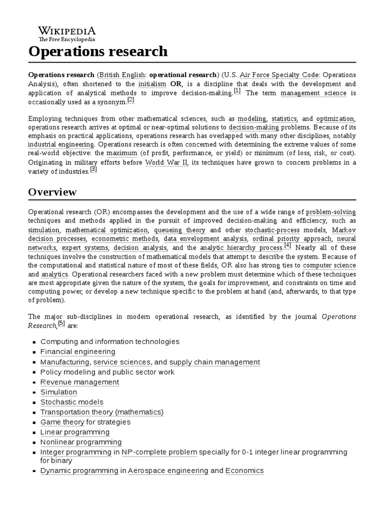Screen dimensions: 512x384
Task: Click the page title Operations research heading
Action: click(98, 51)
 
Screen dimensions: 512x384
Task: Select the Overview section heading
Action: click(52, 192)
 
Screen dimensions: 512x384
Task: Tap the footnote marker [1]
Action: click(237, 91)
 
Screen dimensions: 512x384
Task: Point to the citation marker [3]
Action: click(93, 169)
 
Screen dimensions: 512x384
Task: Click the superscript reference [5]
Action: click(61, 323)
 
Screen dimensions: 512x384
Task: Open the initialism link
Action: click(152, 84)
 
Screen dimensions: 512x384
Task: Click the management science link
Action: click(313, 93)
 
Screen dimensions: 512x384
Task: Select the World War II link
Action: click(166, 163)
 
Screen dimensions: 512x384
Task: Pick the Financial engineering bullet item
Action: click(77, 352)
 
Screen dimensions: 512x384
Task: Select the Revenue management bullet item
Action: click(79, 382)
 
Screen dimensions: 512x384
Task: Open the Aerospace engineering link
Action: click(167, 471)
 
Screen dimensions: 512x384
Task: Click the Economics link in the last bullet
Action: click(244, 471)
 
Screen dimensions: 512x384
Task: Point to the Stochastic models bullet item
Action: click(71, 402)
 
